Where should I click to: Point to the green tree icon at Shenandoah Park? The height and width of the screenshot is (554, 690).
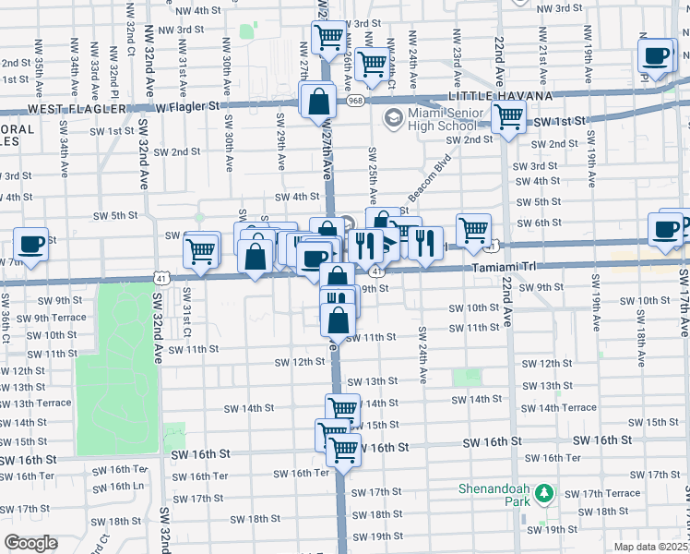pyautogui.click(x=544, y=493)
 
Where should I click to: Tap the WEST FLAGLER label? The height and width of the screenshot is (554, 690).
pyautogui.click(x=77, y=108)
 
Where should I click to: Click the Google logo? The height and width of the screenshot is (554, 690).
pyautogui.click(x=30, y=543)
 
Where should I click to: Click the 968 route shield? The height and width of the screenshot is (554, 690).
pyautogui.click(x=356, y=100)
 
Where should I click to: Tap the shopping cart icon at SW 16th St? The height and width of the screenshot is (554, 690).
pyautogui.click(x=343, y=450)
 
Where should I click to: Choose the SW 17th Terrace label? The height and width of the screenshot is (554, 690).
pyautogui.click(x=610, y=493)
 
